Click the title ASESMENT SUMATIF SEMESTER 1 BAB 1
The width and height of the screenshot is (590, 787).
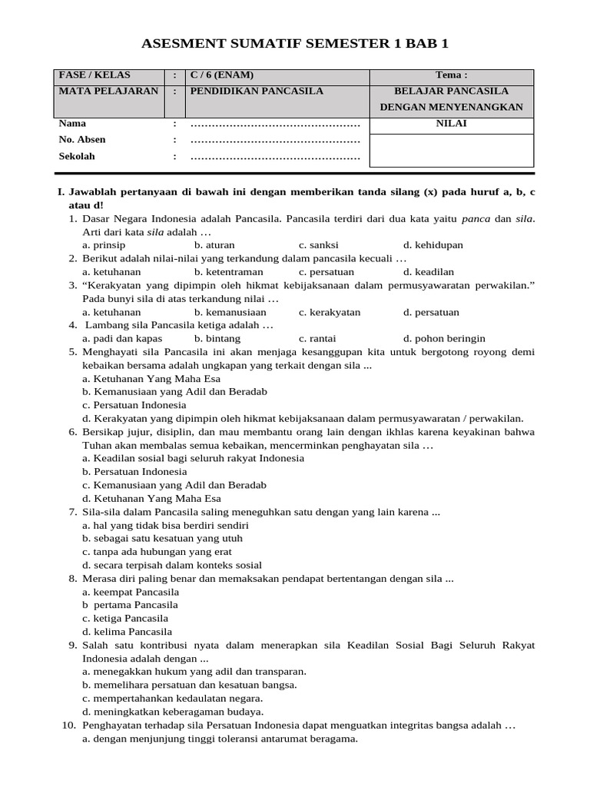(294, 44)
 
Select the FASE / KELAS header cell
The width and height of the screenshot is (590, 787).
(94, 75)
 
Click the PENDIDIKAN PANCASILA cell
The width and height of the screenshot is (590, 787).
(257, 91)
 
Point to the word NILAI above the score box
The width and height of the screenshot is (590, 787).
(451, 123)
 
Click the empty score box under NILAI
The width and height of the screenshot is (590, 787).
(451, 150)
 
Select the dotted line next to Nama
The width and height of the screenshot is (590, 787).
(275, 124)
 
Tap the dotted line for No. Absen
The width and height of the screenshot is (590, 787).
(275, 140)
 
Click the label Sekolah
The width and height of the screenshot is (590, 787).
(77, 156)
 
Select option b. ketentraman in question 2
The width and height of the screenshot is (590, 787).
(228, 271)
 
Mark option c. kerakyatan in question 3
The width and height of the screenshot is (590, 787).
(330, 312)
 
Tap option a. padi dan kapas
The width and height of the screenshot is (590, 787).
(122, 338)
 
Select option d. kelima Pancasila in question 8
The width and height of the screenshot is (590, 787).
(127, 631)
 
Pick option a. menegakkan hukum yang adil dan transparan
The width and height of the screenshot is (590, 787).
(194, 671)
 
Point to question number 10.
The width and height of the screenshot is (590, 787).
(68, 725)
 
